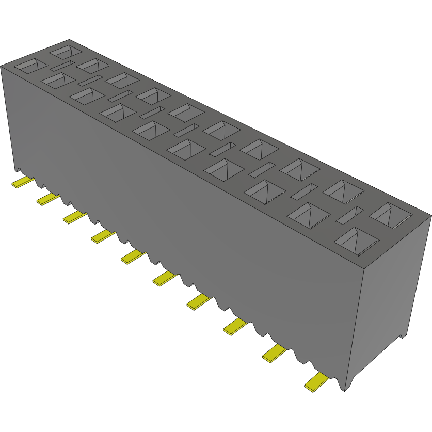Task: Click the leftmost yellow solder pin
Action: click(x=22, y=182)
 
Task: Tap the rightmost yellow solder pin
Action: click(x=316, y=382)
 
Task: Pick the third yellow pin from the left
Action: click(x=74, y=217)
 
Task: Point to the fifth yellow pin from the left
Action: click(x=133, y=256)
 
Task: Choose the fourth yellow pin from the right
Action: click(x=199, y=301)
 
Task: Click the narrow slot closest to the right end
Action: click(x=350, y=215)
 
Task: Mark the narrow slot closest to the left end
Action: click(x=62, y=66)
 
